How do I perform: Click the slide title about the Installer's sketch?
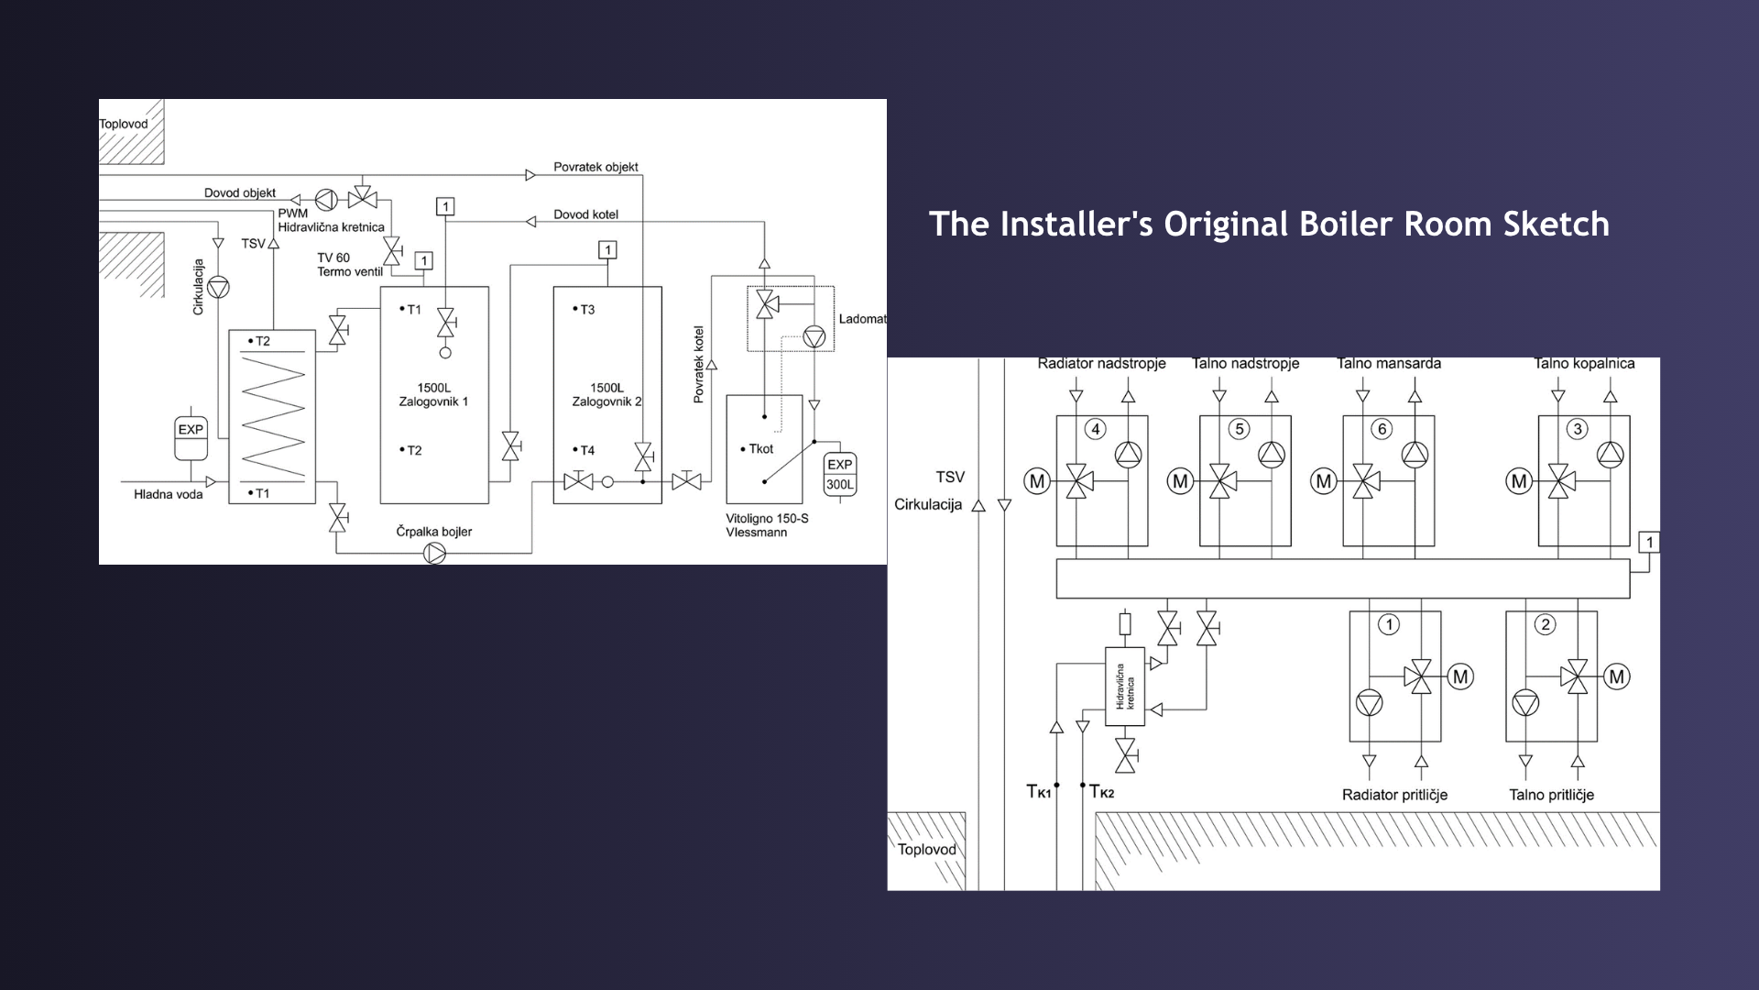1269,225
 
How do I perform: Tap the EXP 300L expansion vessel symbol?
840,475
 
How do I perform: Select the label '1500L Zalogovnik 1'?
433,394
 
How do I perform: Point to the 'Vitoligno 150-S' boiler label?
767,518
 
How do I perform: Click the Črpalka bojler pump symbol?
434,553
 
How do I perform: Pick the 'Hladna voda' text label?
169,494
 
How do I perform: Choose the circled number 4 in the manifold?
1095,429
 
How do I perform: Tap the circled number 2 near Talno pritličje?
1546,625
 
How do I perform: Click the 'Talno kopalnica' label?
1584,363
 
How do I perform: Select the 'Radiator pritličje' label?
1394,795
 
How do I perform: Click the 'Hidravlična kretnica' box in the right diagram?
1125,687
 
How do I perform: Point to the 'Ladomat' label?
862,319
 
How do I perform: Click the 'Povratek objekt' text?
595,167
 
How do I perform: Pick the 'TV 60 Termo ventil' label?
349,265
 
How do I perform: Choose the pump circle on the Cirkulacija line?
218,287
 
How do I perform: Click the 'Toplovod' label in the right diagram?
926,850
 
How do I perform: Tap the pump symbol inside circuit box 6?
1415,454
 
